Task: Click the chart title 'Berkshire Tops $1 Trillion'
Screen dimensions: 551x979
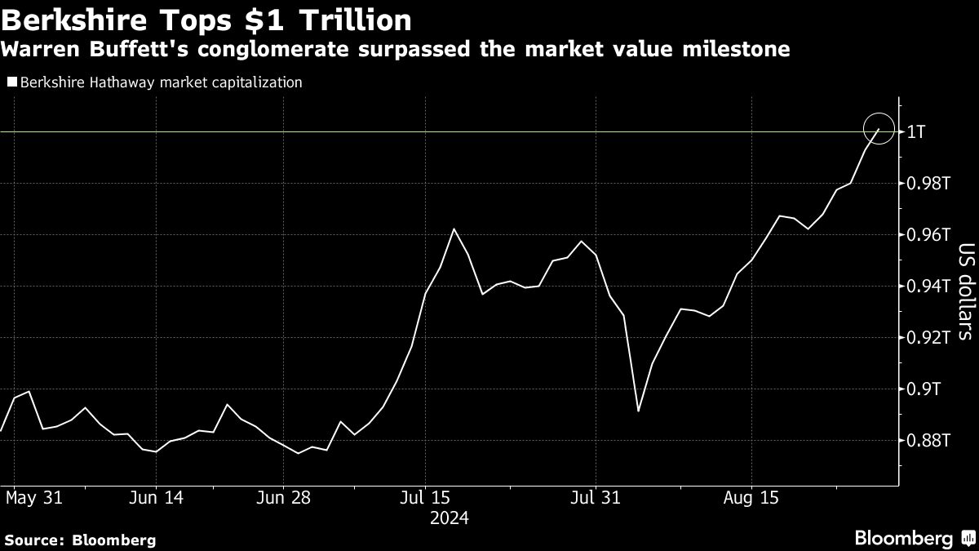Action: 206,19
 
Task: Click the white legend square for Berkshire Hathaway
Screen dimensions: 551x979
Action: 11,82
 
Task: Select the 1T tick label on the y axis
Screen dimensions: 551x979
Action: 916,132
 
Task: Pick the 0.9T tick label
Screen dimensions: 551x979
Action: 923,389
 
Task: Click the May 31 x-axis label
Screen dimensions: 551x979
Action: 33,497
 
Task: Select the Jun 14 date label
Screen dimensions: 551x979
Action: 156,497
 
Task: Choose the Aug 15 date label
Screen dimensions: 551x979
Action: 752,497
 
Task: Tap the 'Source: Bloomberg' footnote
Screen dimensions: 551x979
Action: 80,540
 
